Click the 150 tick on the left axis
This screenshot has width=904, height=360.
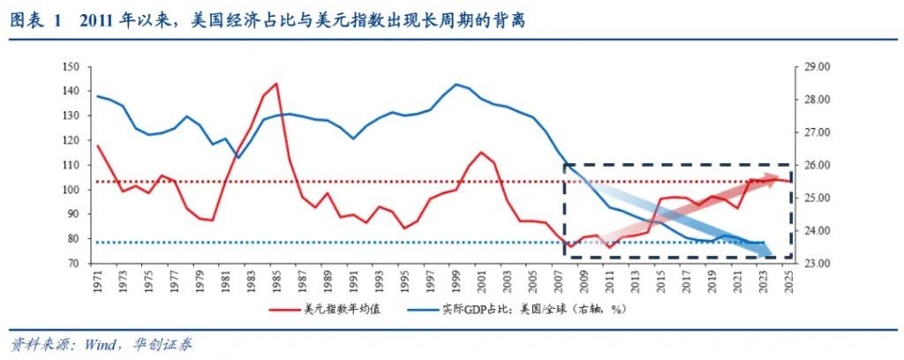click(72, 67)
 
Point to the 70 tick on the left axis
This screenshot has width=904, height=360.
click(74, 264)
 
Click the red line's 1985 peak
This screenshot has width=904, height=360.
click(276, 84)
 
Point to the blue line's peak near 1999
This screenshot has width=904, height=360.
click(456, 85)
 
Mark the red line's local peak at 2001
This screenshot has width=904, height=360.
click(481, 152)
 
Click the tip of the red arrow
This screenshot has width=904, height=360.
click(782, 178)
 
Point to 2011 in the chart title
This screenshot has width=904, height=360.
click(97, 20)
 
